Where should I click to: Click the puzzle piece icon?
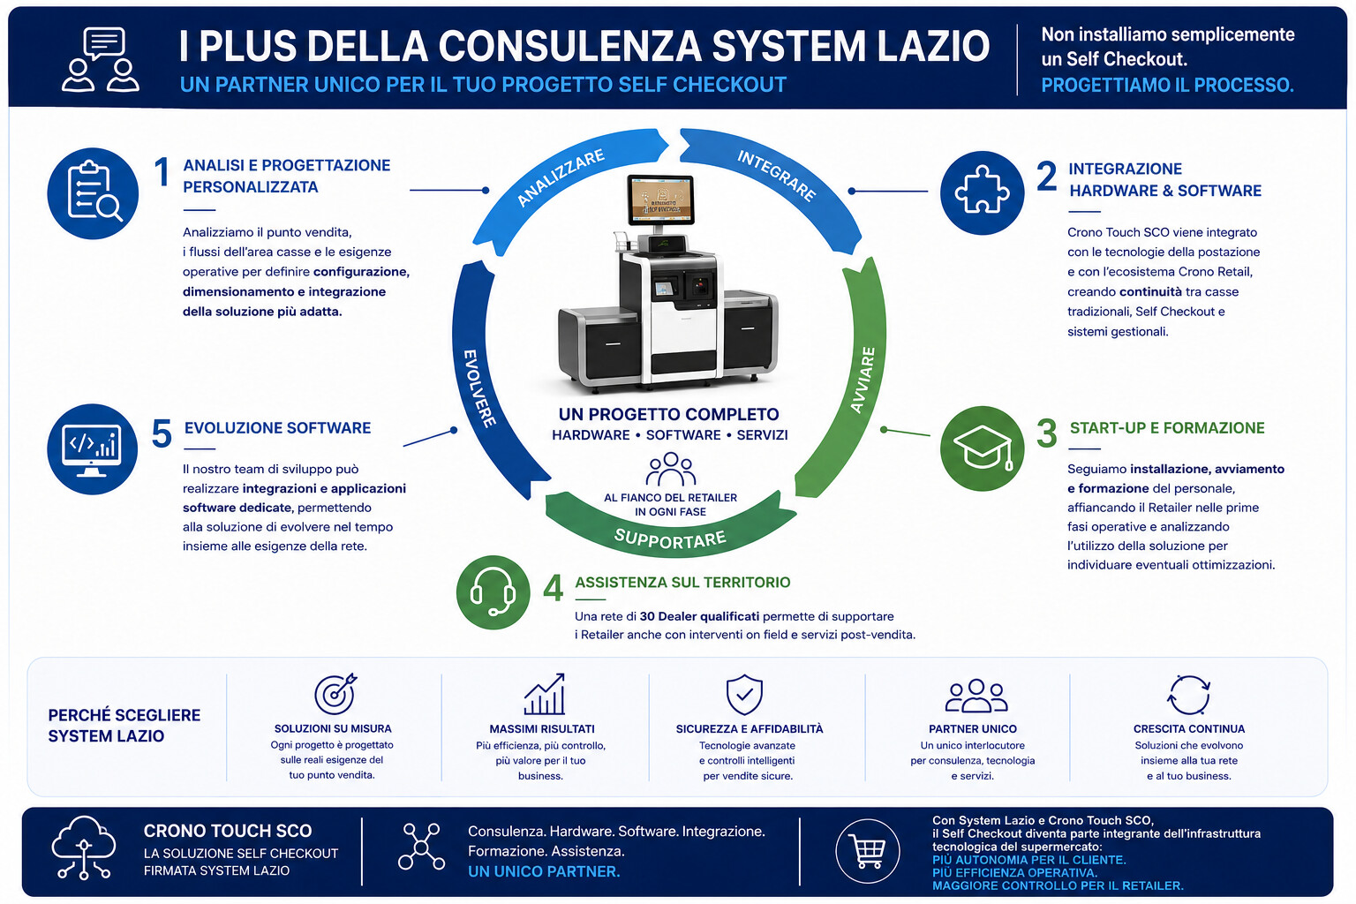coord(982,192)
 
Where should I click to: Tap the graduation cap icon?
coord(982,448)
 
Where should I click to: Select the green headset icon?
coord(493,592)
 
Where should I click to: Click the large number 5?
coord(162,433)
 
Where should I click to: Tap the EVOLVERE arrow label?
coord(479,388)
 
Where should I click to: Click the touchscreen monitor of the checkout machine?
coord(660,199)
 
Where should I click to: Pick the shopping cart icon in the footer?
coord(868,851)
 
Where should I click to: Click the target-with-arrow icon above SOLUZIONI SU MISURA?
coord(335,693)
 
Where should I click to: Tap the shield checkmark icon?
coord(744,694)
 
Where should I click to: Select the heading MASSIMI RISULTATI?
coord(542,729)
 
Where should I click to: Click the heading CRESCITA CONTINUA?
coord(1189,729)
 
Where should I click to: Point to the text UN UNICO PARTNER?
coord(544,871)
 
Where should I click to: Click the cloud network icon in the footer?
coord(84,847)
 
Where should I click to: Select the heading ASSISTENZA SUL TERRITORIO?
coord(682,583)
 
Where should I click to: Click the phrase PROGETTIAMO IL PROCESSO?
coord(1167,85)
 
